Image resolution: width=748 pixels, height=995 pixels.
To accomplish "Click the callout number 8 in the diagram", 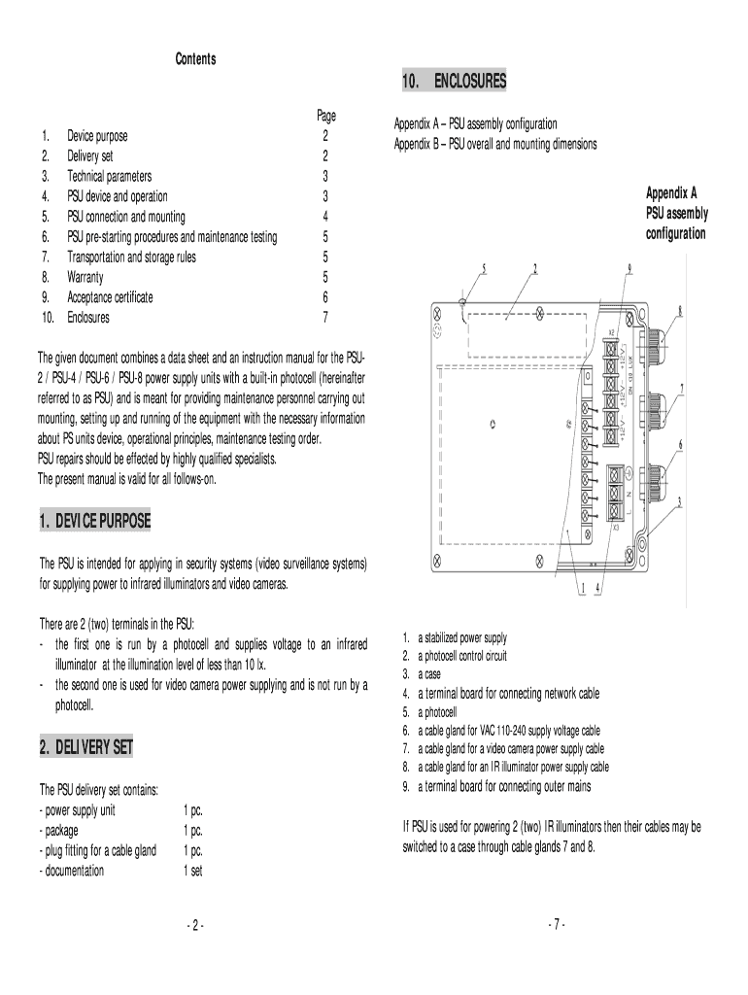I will point(680,311).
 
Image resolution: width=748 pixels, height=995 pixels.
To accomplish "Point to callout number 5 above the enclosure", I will point(483,269).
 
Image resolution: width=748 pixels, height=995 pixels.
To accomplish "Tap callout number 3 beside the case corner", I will point(680,502).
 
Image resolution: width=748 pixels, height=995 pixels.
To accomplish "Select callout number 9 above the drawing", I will point(629,268).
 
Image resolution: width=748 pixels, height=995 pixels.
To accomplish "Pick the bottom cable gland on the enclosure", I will point(660,477).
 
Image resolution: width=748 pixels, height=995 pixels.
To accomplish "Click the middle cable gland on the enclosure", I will point(660,407).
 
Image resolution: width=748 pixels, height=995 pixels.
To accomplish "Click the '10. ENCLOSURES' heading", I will point(454,82).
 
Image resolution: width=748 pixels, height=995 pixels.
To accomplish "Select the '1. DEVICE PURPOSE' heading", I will point(95,522).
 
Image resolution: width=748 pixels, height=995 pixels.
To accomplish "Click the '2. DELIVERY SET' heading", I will point(85,747).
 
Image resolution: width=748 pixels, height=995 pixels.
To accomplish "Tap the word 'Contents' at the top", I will point(195,59).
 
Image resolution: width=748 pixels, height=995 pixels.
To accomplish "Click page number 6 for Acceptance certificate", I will point(325,297).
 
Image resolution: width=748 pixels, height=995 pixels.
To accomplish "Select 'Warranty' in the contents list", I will point(85,277).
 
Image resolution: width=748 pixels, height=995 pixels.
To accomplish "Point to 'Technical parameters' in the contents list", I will point(109,176).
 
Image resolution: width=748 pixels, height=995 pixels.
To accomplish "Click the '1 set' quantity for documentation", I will point(192,871).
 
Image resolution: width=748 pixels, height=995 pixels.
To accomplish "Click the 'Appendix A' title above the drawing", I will point(671,192).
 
